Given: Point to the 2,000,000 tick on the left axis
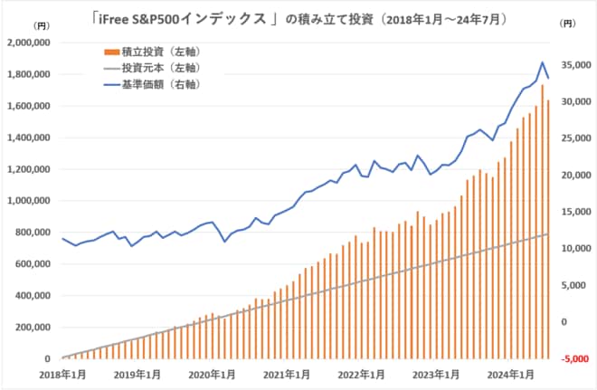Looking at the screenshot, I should coord(31,43).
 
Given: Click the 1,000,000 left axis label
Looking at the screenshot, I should coord(31,201).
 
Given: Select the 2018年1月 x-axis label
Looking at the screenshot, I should coord(62,373).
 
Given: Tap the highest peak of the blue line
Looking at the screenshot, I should coord(542,62).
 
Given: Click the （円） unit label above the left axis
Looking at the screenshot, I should coord(40,29).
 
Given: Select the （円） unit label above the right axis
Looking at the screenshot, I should coord(566,29).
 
